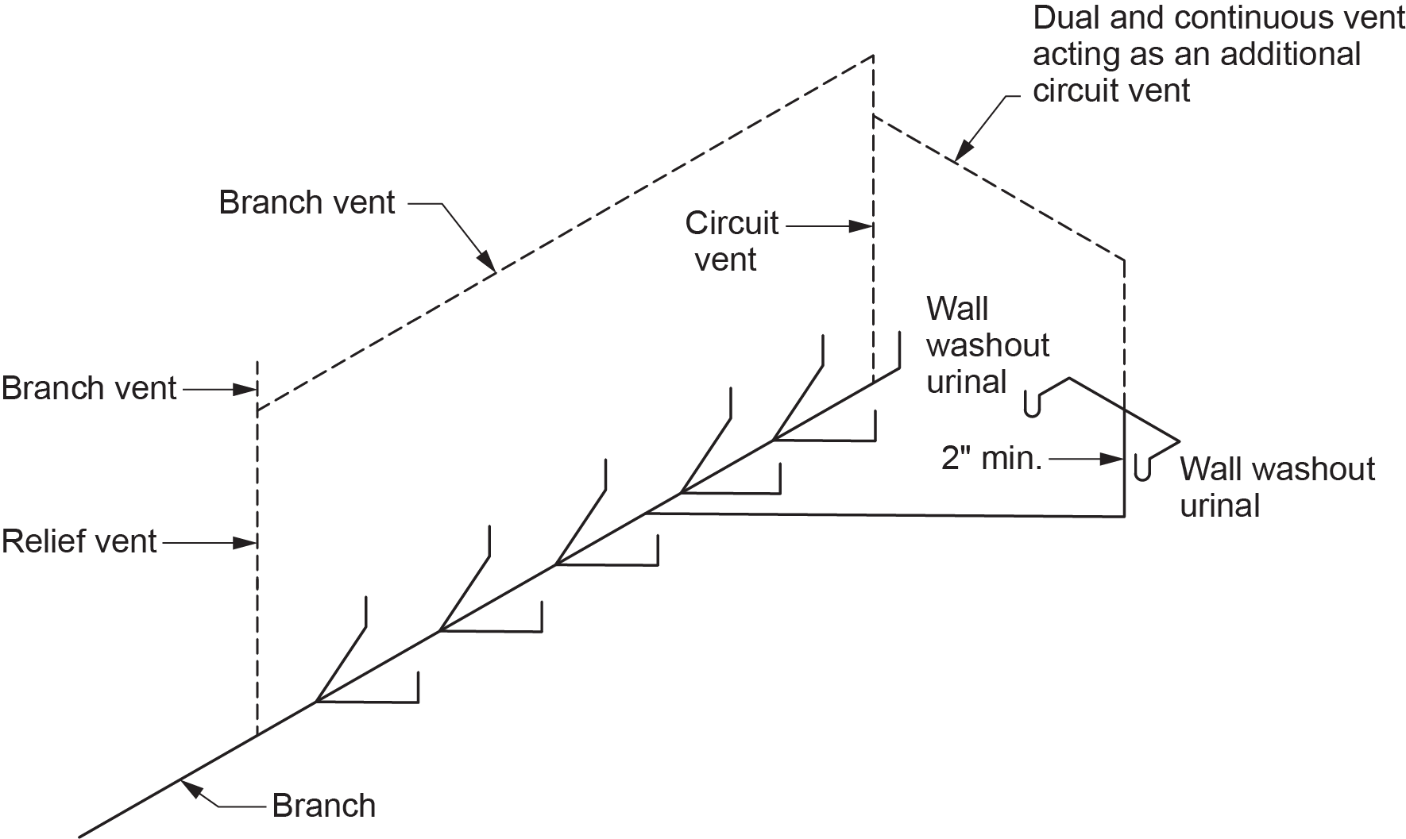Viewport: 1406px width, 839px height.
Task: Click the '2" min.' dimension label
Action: [991, 459]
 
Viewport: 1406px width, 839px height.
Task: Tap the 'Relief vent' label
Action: [79, 542]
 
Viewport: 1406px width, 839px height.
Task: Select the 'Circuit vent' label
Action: [731, 241]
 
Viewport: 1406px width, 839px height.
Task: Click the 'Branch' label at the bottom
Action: [323, 806]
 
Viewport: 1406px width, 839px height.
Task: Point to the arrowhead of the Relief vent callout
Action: [248, 544]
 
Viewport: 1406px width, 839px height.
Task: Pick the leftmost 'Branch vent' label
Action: [89, 389]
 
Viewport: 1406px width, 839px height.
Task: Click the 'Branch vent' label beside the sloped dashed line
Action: [307, 203]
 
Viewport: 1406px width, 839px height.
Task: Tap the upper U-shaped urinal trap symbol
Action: [1033, 403]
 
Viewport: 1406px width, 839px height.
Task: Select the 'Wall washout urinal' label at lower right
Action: [1277, 487]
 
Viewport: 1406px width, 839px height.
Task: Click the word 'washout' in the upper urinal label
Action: [988, 345]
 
